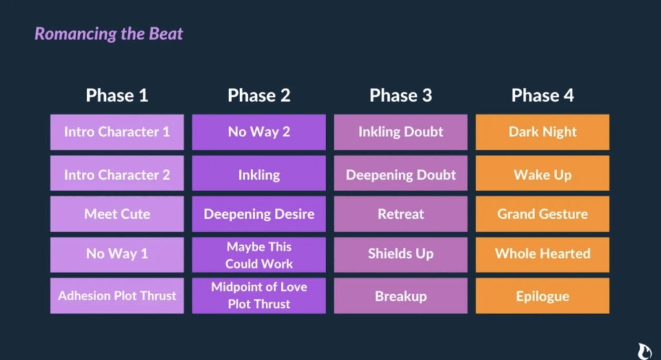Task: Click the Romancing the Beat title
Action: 108,34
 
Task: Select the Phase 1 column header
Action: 117,95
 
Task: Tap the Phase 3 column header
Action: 400,95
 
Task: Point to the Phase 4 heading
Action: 542,95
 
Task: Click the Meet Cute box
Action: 117,214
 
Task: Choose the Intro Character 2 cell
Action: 117,174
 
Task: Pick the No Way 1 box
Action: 117,255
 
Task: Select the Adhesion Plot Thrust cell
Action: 117,295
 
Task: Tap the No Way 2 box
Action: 259,132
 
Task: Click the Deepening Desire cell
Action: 259,214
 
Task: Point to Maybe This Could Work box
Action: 259,255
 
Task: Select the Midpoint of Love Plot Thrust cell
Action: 259,295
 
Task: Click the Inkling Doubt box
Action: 400,132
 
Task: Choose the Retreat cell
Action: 400,214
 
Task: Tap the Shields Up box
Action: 400,255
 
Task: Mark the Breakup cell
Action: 400,295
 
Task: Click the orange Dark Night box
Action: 542,132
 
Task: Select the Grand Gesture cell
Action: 542,214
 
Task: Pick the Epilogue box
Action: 542,295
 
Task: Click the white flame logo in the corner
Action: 645,351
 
